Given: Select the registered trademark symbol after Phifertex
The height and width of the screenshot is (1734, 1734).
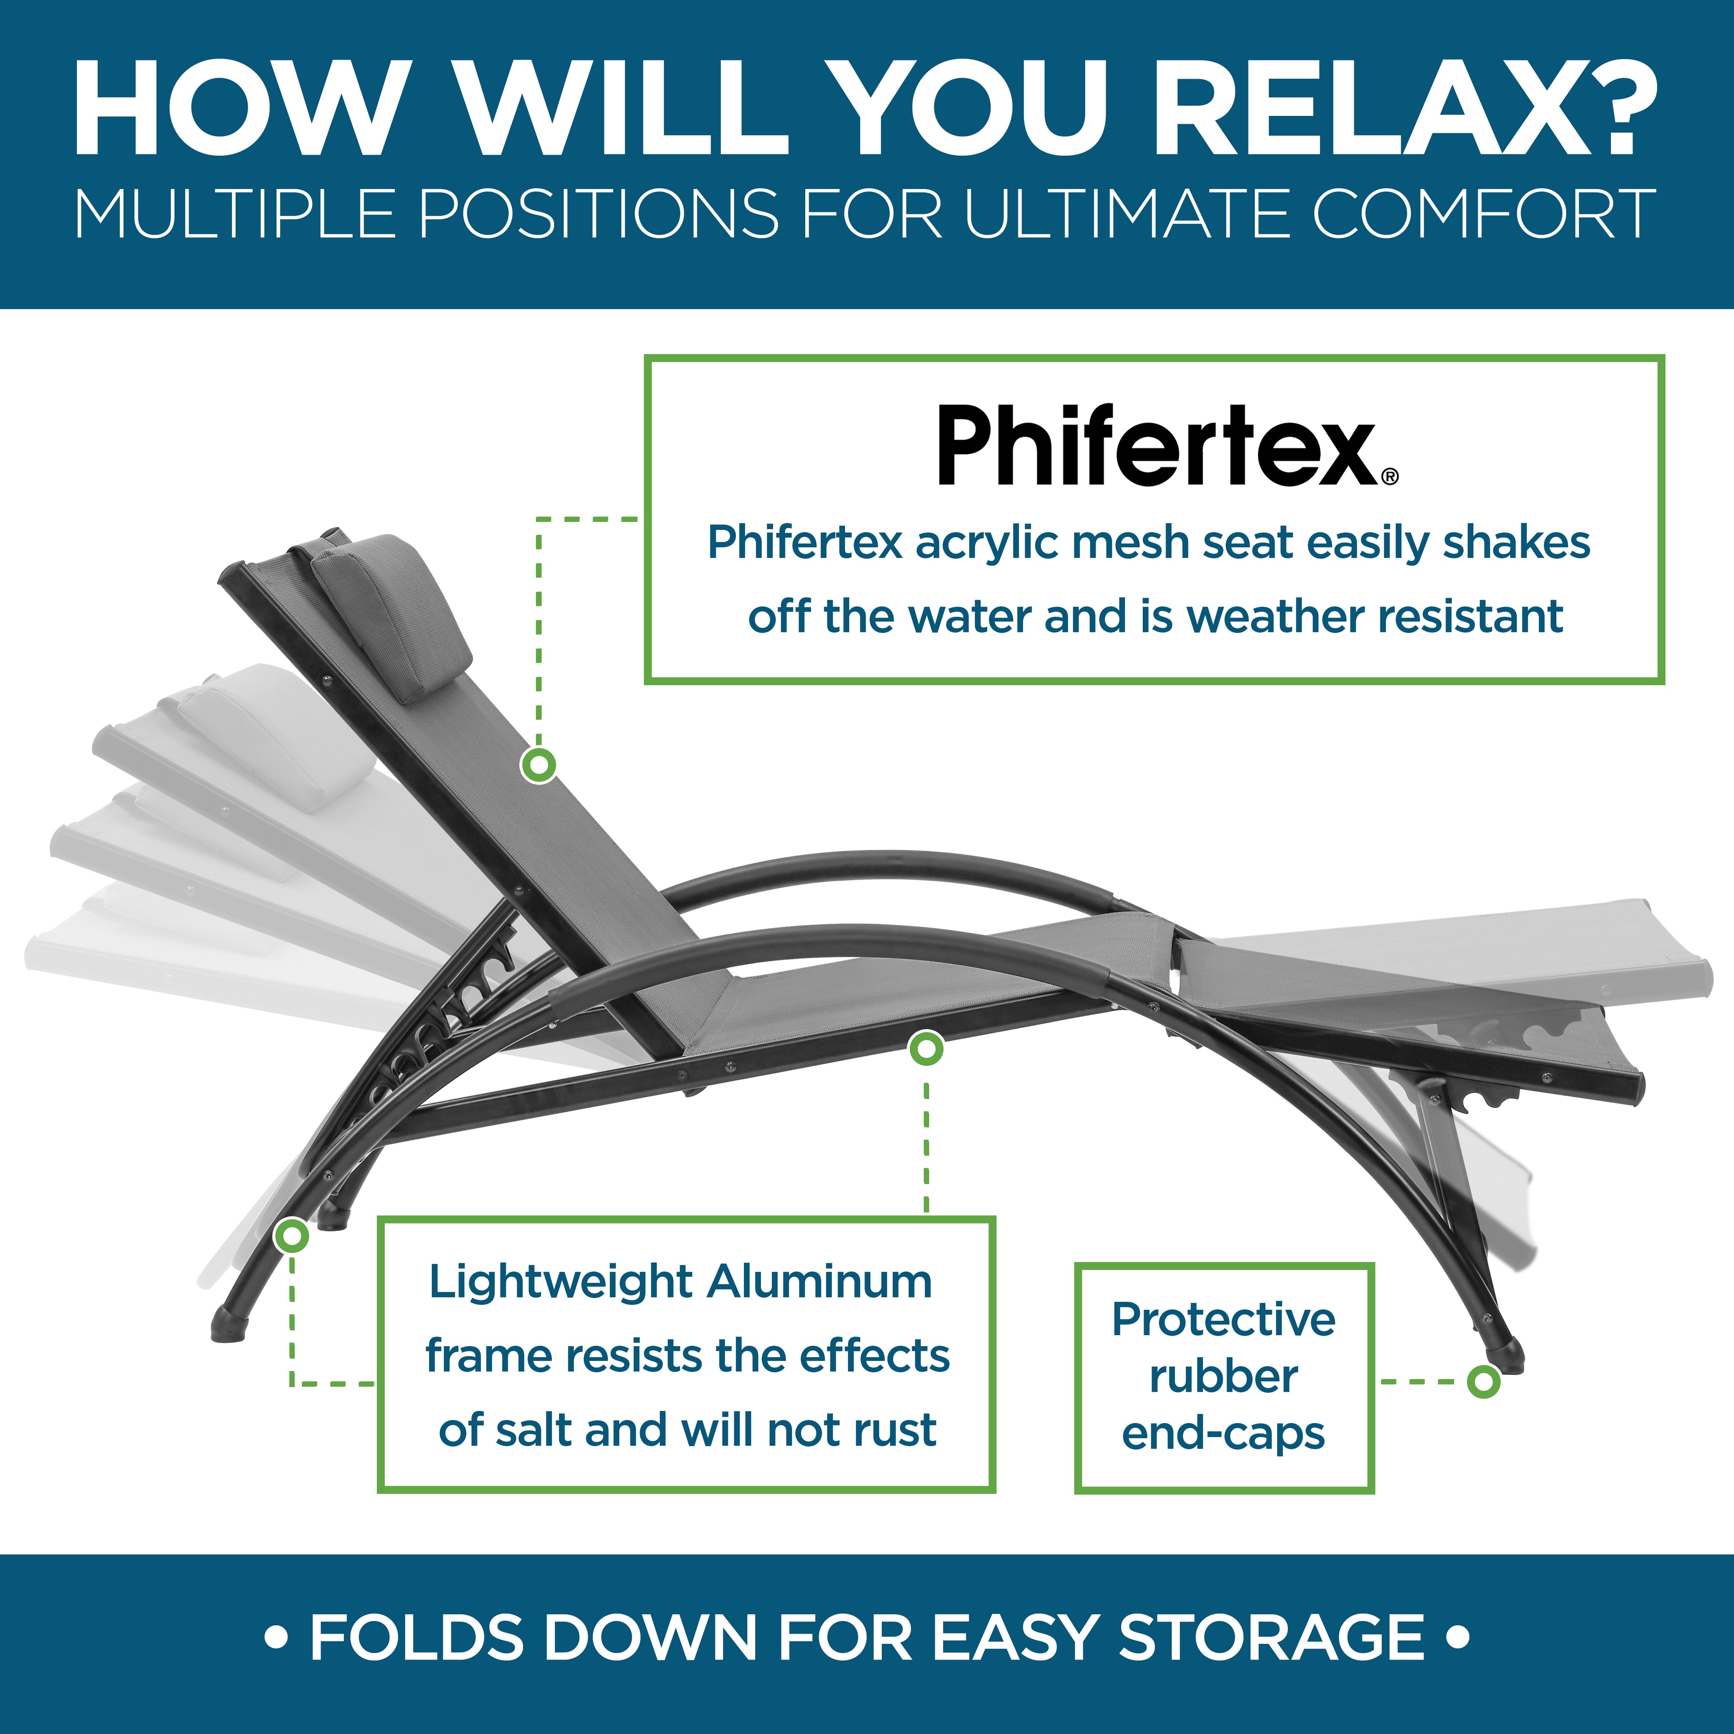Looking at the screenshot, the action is [1390, 477].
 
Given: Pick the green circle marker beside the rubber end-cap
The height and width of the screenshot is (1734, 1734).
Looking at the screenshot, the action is [1484, 1381].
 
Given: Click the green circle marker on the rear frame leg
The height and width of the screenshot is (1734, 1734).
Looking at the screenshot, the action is [292, 1236].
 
